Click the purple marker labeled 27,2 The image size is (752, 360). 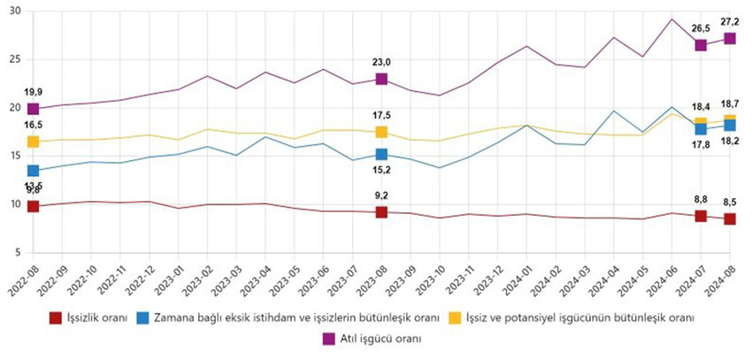point(730,38)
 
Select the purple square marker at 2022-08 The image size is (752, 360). point(34,109)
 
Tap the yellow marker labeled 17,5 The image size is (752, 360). point(381,132)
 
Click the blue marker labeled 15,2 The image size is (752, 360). point(381,155)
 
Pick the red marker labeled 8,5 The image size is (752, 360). point(730,218)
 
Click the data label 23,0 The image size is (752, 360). point(381,63)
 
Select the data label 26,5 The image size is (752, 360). point(700,27)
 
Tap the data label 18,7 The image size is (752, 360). point(731,103)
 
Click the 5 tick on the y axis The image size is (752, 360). point(18,253)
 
